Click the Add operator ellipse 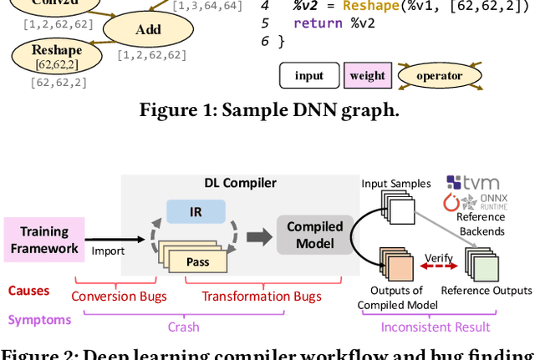[x=147, y=30]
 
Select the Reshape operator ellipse [x=53, y=55]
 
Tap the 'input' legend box [x=308, y=76]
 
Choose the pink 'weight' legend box [x=367, y=76]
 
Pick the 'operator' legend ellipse [x=439, y=76]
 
